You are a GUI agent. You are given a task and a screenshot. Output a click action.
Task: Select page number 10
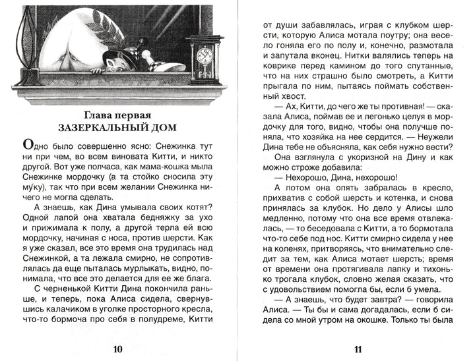pos(118,349)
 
